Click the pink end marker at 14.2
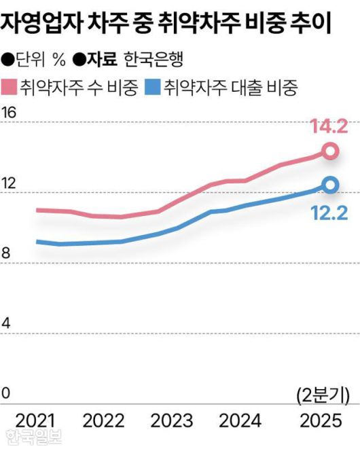point(330,151)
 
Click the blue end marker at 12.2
point(330,185)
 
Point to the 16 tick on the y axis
point(9,113)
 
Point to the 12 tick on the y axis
point(9,183)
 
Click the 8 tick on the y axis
point(7,253)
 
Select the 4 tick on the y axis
point(7,323)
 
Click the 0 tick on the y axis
point(7,393)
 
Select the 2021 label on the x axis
point(35,420)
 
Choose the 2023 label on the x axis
point(171,420)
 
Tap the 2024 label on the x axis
point(240,420)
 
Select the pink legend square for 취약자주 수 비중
point(10,87)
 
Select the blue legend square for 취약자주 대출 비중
point(154,87)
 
